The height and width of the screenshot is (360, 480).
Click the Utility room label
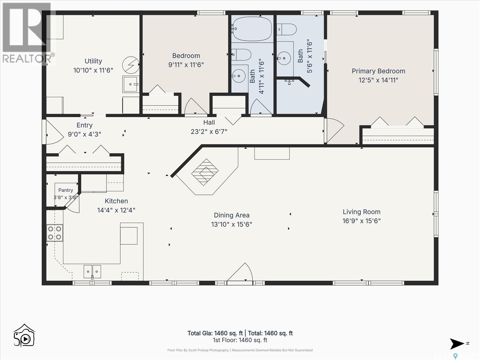(93, 61)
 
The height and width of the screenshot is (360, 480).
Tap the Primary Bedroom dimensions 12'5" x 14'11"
(378, 80)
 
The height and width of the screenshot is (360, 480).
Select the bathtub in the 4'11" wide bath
(252, 29)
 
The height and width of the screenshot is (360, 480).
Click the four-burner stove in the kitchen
(55, 233)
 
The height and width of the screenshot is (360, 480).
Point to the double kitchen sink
(92, 271)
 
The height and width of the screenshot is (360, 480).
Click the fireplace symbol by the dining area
(205, 172)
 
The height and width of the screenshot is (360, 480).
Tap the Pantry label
(66, 190)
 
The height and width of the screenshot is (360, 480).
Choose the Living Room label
(361, 211)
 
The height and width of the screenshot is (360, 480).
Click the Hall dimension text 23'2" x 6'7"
(209, 132)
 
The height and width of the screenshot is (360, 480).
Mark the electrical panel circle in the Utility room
(131, 65)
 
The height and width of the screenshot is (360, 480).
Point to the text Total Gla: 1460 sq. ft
(215, 333)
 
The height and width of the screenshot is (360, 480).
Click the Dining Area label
(232, 215)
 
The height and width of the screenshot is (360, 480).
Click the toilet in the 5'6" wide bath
(286, 29)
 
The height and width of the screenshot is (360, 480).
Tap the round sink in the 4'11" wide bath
(238, 76)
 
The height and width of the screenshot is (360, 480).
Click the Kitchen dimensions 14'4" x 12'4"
(116, 210)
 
